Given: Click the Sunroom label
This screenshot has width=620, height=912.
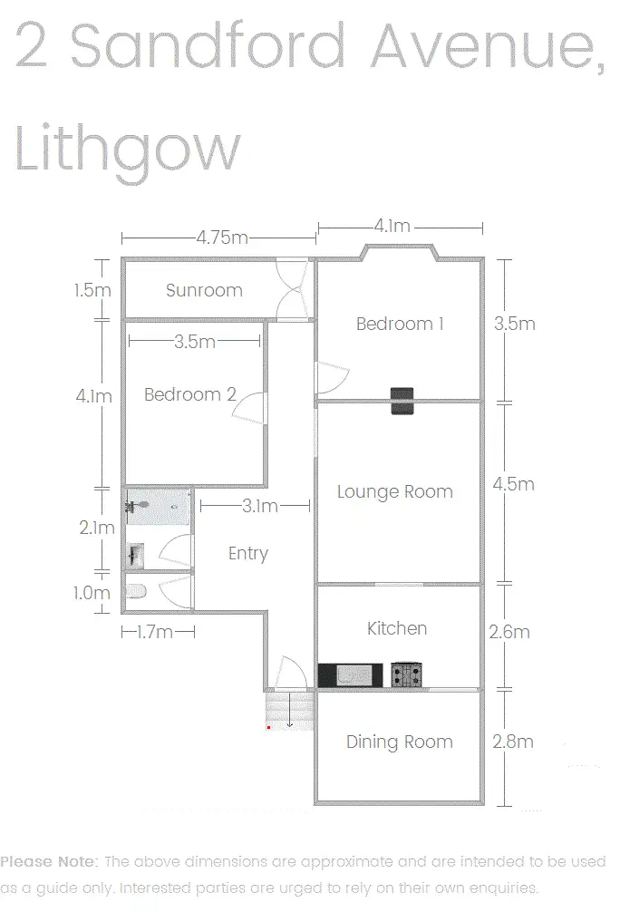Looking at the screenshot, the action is [204, 291].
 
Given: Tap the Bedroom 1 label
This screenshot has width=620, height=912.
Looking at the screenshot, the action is [400, 324].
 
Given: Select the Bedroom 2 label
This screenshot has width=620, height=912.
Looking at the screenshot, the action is [190, 394].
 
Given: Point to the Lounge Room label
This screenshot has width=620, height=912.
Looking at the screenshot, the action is [394, 492].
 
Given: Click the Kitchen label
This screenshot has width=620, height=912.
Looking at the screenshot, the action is [397, 628].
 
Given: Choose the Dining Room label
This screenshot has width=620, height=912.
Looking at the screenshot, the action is [399, 742].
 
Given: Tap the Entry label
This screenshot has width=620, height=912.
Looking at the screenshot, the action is [247, 553].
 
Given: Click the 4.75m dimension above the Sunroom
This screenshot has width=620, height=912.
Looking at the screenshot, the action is [222, 238].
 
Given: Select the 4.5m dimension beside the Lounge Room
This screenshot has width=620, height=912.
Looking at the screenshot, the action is [513, 484].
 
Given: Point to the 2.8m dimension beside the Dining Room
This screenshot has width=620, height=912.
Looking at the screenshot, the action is [513, 742].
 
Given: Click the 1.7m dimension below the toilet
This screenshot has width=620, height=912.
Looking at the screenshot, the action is [154, 632].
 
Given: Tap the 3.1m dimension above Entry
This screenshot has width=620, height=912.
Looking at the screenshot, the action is [260, 506].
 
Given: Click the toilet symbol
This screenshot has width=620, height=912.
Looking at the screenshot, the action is [137, 591].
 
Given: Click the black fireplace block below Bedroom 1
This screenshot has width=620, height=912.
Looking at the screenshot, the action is [402, 400].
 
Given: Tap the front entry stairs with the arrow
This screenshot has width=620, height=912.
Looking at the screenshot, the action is [289, 709].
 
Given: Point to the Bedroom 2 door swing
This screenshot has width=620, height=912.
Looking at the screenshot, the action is [250, 409].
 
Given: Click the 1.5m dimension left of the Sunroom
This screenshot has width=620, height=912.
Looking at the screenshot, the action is [93, 291].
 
